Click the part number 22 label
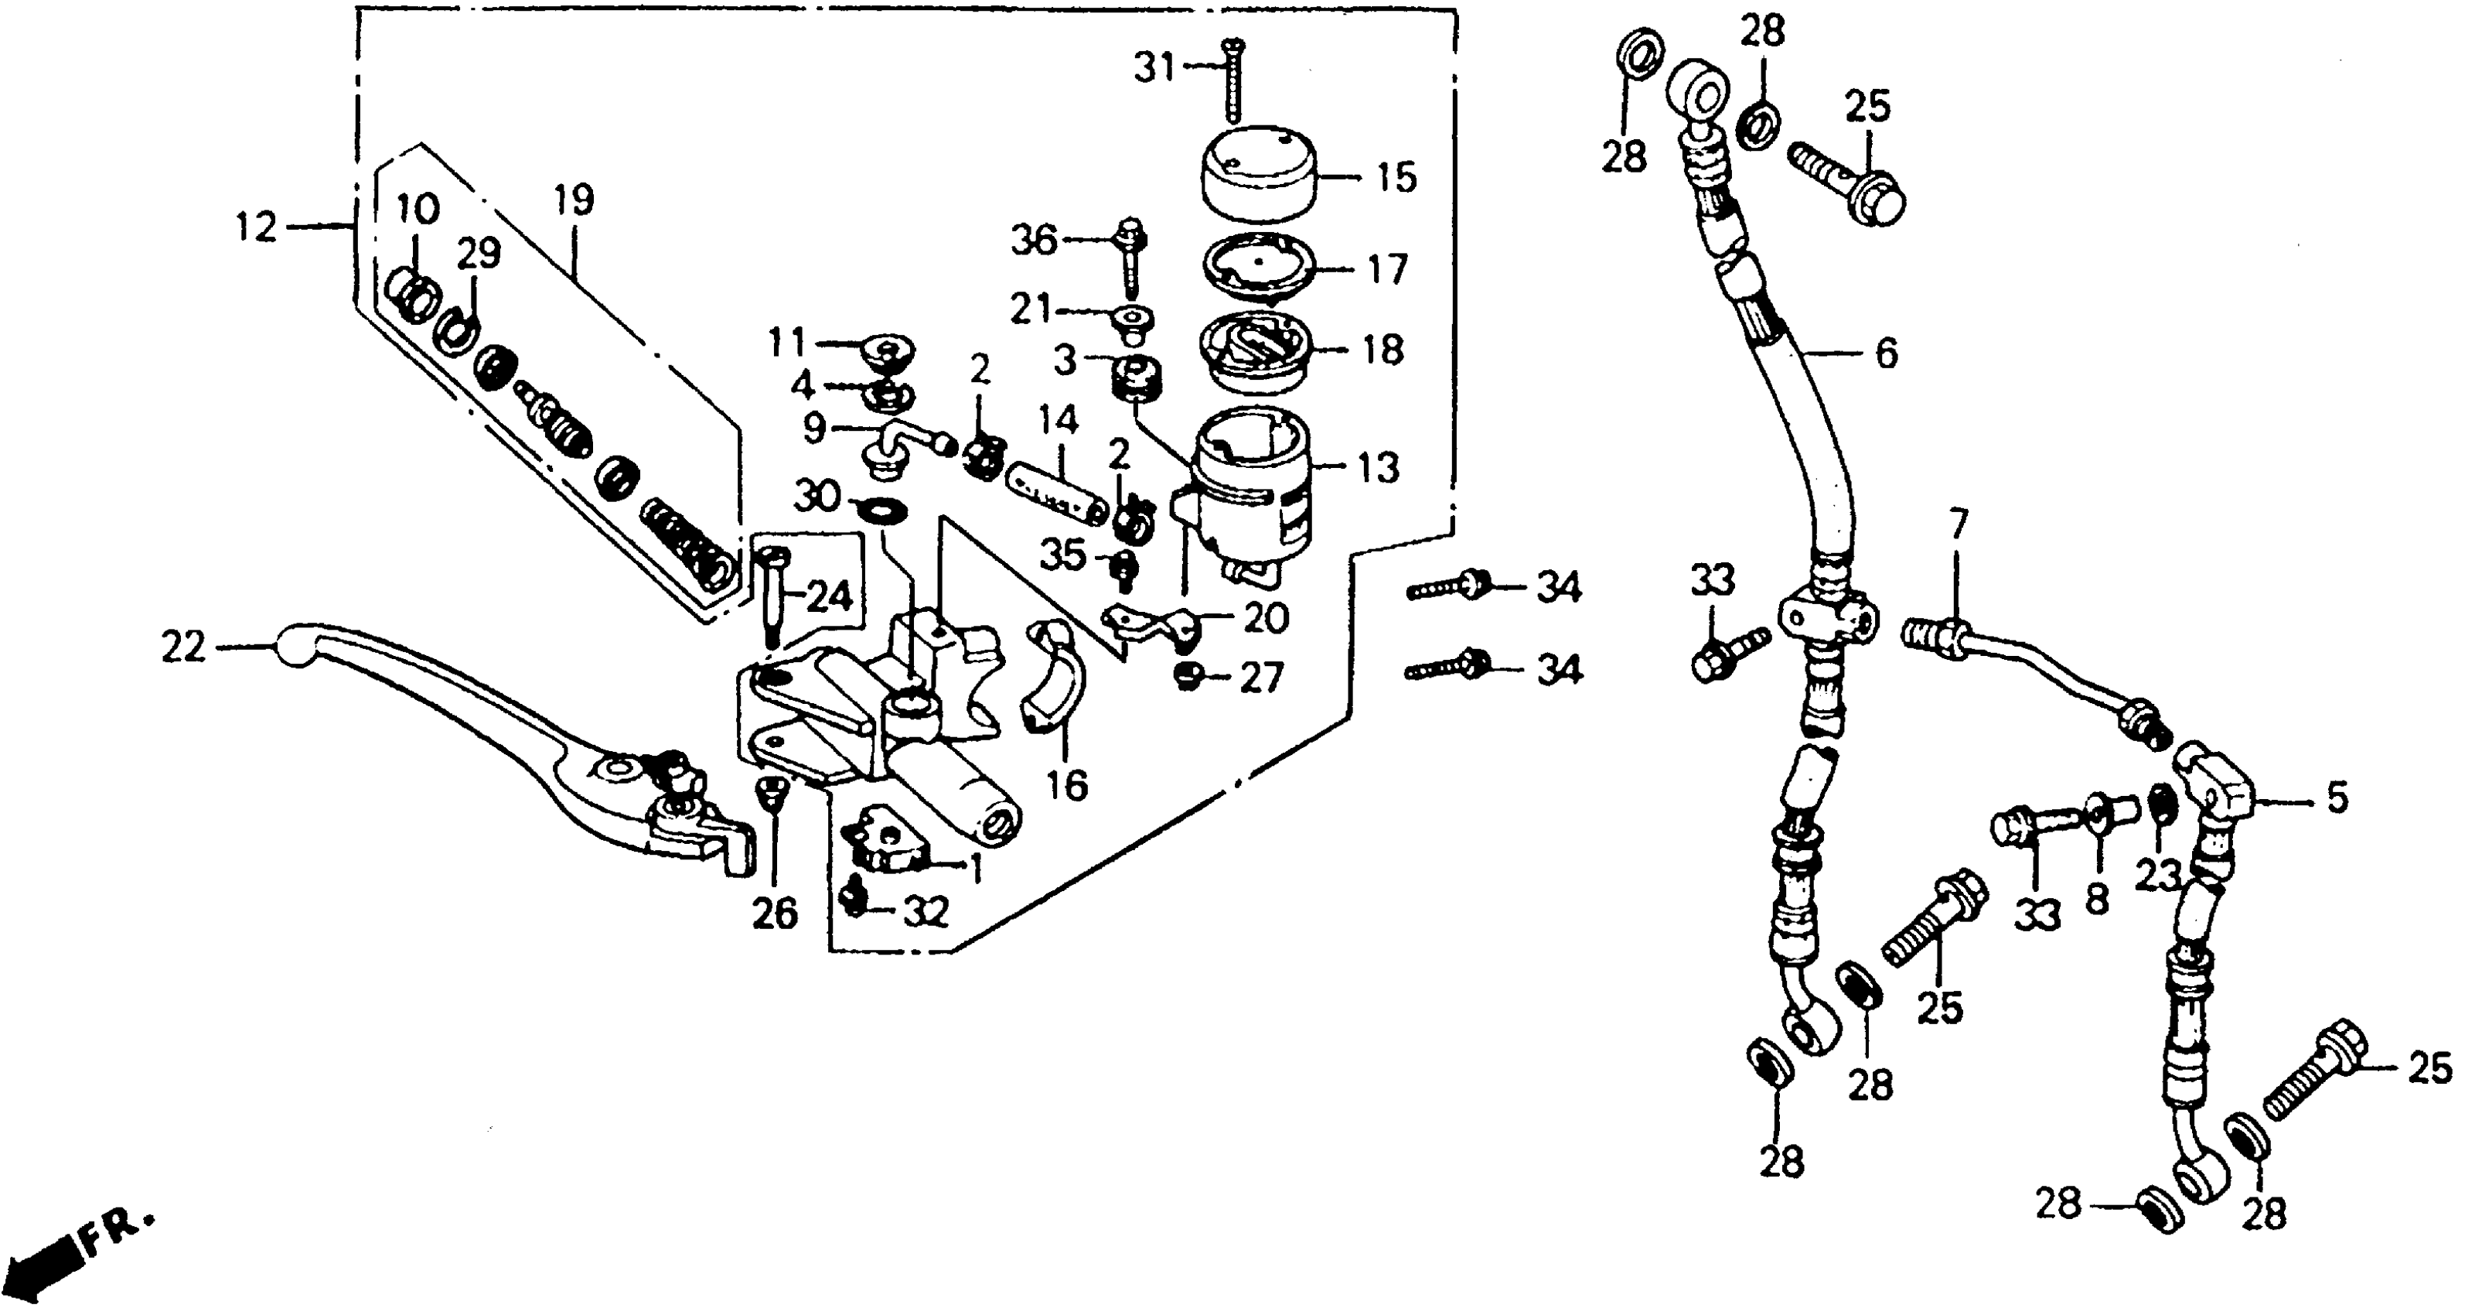click(x=184, y=648)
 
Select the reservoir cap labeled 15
click(x=1257, y=177)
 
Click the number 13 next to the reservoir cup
click(x=1377, y=468)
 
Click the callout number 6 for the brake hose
click(x=1886, y=354)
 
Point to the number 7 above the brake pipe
click(x=1958, y=524)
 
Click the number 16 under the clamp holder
click(x=1067, y=786)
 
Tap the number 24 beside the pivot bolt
click(x=829, y=596)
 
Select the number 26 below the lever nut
click(x=774, y=914)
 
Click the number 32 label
click(x=925, y=912)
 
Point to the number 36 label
click(x=1035, y=241)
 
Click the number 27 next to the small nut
click(x=1260, y=678)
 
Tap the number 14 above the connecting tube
click(x=1059, y=420)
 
